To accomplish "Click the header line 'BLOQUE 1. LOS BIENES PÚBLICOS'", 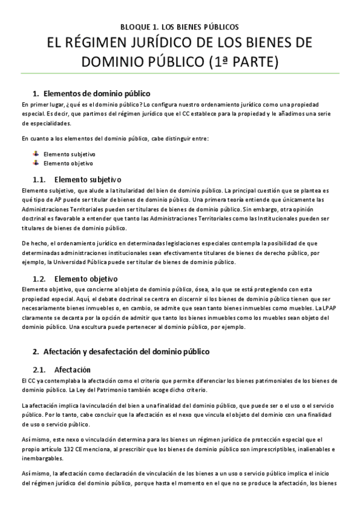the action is tap(180, 27).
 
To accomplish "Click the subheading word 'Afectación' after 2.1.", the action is tap(72, 369).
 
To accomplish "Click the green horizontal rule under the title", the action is tap(180, 75).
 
